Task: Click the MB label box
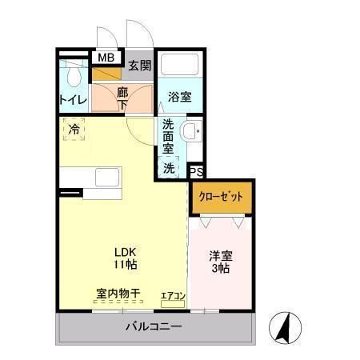[x=104, y=58]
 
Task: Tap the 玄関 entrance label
[x=139, y=66]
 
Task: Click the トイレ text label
[x=73, y=101]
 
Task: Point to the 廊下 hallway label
[x=122, y=98]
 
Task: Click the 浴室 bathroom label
[x=179, y=98]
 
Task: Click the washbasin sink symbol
[x=191, y=132]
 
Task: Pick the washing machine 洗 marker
[x=169, y=168]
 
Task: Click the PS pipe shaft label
[x=196, y=170]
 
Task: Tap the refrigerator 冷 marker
[x=74, y=129]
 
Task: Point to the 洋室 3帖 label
[x=221, y=262]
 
